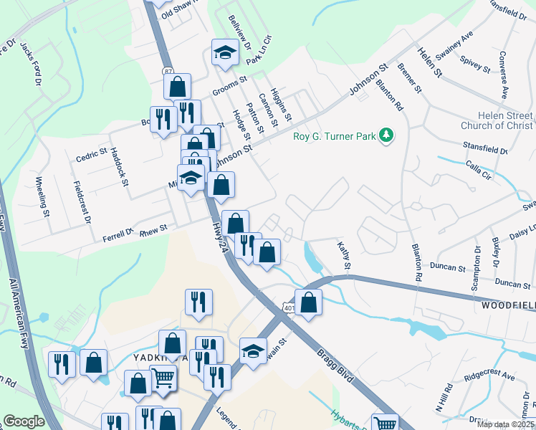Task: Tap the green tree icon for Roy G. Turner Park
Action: coord(387,134)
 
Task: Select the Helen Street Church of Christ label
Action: coord(496,120)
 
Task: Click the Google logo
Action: coord(24,421)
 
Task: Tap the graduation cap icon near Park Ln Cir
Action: coord(225,52)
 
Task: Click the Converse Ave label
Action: coord(504,75)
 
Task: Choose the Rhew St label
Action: coord(153,229)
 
